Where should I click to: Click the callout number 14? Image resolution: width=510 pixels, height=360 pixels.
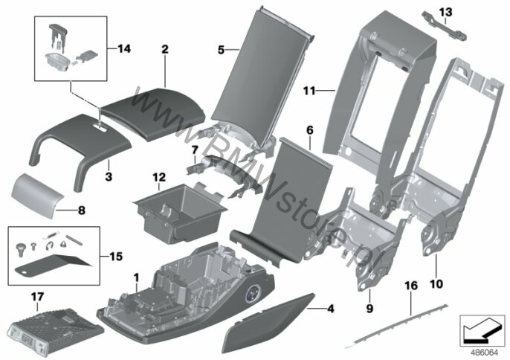click(x=124, y=49)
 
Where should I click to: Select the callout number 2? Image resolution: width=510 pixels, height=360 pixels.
click(x=165, y=50)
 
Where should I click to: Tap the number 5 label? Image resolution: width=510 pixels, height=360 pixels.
click(x=222, y=50)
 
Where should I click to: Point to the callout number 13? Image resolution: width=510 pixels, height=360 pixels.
click(x=445, y=13)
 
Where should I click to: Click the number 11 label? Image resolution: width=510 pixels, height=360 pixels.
click(x=309, y=91)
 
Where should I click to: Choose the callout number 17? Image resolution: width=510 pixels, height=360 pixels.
click(x=37, y=297)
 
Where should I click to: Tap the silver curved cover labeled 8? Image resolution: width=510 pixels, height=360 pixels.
click(x=36, y=193)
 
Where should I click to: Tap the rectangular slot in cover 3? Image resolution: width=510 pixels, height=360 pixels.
click(x=101, y=129)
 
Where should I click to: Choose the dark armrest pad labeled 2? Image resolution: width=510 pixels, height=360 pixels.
click(x=153, y=113)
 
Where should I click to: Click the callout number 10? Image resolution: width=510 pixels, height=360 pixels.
click(x=436, y=284)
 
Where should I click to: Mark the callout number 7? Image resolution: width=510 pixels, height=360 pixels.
click(x=195, y=150)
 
